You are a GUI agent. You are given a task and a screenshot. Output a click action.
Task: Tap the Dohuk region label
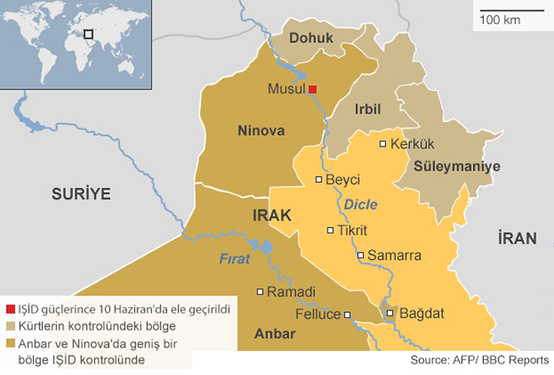(312, 37)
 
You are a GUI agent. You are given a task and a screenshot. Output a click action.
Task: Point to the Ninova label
(260, 130)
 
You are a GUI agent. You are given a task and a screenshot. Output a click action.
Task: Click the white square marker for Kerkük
(383, 144)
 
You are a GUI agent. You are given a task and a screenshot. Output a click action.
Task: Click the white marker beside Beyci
(319, 180)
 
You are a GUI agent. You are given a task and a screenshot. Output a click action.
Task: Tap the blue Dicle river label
(361, 204)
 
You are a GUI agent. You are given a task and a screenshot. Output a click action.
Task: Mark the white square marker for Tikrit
(331, 231)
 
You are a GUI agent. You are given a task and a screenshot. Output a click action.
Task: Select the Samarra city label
(394, 256)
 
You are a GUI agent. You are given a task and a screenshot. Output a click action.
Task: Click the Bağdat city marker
(390, 314)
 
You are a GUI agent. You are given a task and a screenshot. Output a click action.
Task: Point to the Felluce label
(318, 315)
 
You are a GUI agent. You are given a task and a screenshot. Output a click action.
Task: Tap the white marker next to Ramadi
(260, 291)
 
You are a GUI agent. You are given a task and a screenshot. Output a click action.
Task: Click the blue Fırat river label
(234, 258)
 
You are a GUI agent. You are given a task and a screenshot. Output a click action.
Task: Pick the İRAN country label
(518, 238)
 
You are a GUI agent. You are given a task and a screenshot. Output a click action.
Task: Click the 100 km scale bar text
(500, 19)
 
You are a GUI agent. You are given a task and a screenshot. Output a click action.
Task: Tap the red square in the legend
(10, 308)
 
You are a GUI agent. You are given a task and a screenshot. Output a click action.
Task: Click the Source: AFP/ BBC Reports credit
(479, 360)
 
